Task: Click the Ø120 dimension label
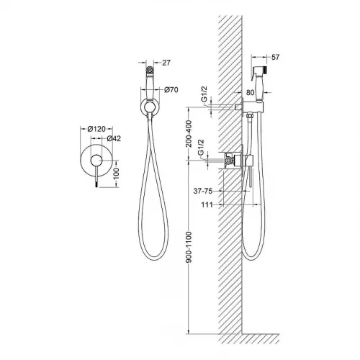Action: point(96,129)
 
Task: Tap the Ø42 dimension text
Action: point(114,138)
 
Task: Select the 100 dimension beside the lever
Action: point(116,174)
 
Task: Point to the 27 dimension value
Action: point(166,63)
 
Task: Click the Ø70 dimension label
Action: point(171,90)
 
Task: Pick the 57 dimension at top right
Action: point(276,57)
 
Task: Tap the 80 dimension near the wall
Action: point(250,92)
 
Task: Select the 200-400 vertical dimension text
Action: point(189,134)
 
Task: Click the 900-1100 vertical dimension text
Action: point(189,247)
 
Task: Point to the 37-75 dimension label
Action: point(203,191)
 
